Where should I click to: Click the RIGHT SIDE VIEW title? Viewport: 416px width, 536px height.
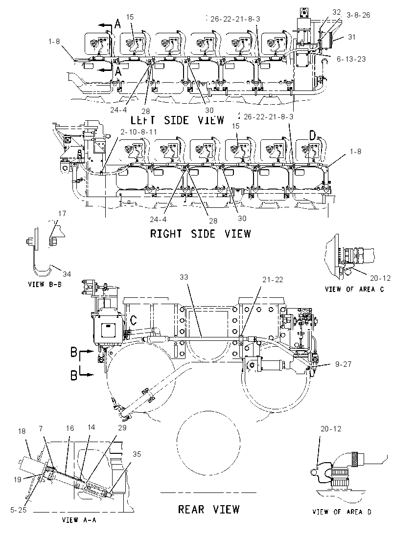tap(201, 234)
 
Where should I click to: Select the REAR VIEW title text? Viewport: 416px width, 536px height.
tap(208, 509)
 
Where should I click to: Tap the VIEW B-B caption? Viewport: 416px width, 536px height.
tap(45, 284)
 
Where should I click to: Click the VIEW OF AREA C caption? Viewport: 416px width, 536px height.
tap(354, 289)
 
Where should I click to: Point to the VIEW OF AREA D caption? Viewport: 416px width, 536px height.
tap(342, 512)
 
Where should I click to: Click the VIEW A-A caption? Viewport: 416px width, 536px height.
tap(79, 520)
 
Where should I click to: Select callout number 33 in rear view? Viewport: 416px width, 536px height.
tap(184, 277)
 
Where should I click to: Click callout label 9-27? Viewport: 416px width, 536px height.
tap(343, 364)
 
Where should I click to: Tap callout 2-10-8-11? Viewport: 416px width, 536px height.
tap(139, 132)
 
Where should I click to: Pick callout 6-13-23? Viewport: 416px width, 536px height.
tap(351, 59)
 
